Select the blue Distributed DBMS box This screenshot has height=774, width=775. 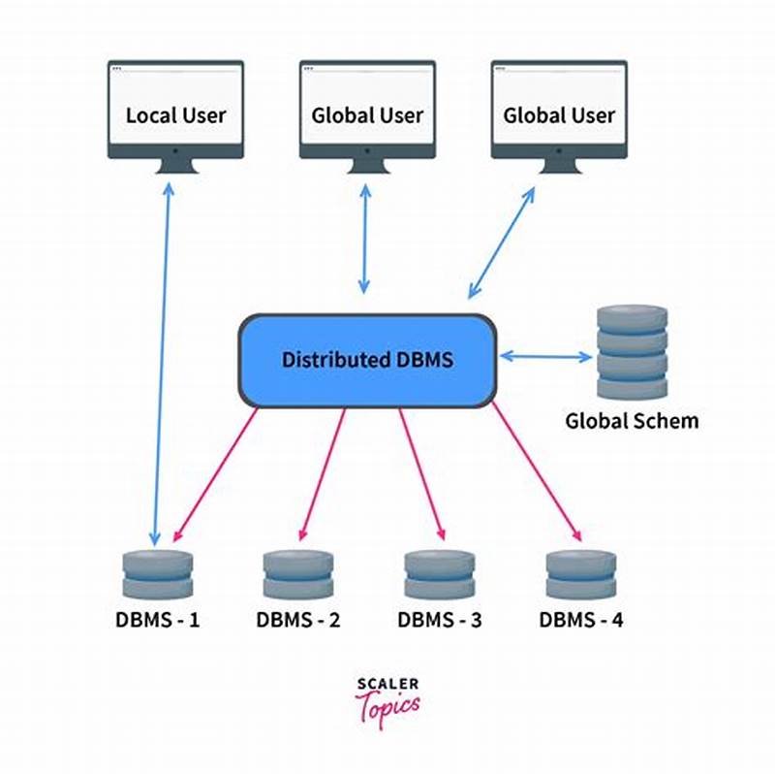coord(367,360)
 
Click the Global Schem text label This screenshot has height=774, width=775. coord(632,421)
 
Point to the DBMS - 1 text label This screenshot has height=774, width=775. coord(157,619)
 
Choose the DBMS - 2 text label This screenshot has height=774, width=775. coord(298,619)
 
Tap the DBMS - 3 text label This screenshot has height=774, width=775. coord(439,619)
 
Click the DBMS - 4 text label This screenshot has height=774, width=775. coord(581,619)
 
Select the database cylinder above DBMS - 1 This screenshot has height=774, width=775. coord(158,573)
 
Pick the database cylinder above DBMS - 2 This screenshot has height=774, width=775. coord(298,573)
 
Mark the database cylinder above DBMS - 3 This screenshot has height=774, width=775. coord(439,573)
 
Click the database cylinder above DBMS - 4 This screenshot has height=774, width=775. coord(581,573)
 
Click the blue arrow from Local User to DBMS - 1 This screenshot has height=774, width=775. coord(162,359)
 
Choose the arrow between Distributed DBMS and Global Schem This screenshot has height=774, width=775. coord(545,357)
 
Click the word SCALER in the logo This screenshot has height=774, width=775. coord(387,685)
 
